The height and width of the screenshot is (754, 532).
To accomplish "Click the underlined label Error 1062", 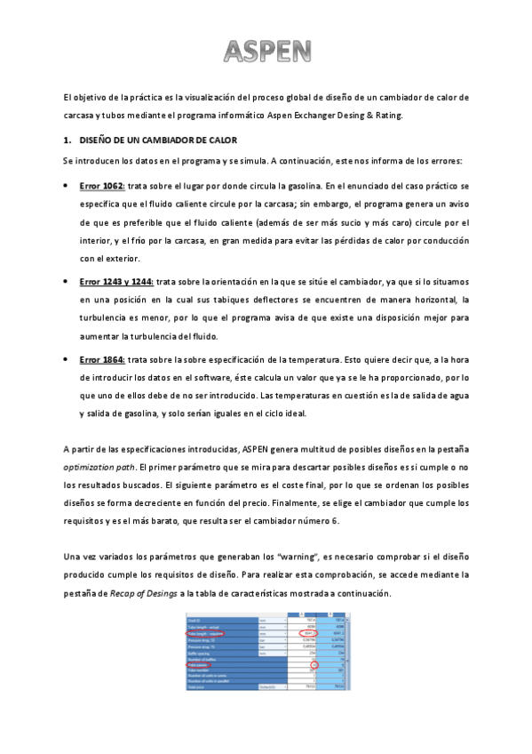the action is click(101, 186).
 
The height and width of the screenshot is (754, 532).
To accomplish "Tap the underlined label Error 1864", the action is click(101, 359).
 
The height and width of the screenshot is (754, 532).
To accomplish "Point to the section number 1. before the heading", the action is click(67, 140).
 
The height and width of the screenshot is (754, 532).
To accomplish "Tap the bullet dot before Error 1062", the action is click(67, 187).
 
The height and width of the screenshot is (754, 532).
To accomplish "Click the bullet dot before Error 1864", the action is click(67, 359).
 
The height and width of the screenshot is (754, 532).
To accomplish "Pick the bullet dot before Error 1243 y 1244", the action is click(67, 282).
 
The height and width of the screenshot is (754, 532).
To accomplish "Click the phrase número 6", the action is click(334, 520).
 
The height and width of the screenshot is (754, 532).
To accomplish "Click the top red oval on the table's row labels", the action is click(206, 633).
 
